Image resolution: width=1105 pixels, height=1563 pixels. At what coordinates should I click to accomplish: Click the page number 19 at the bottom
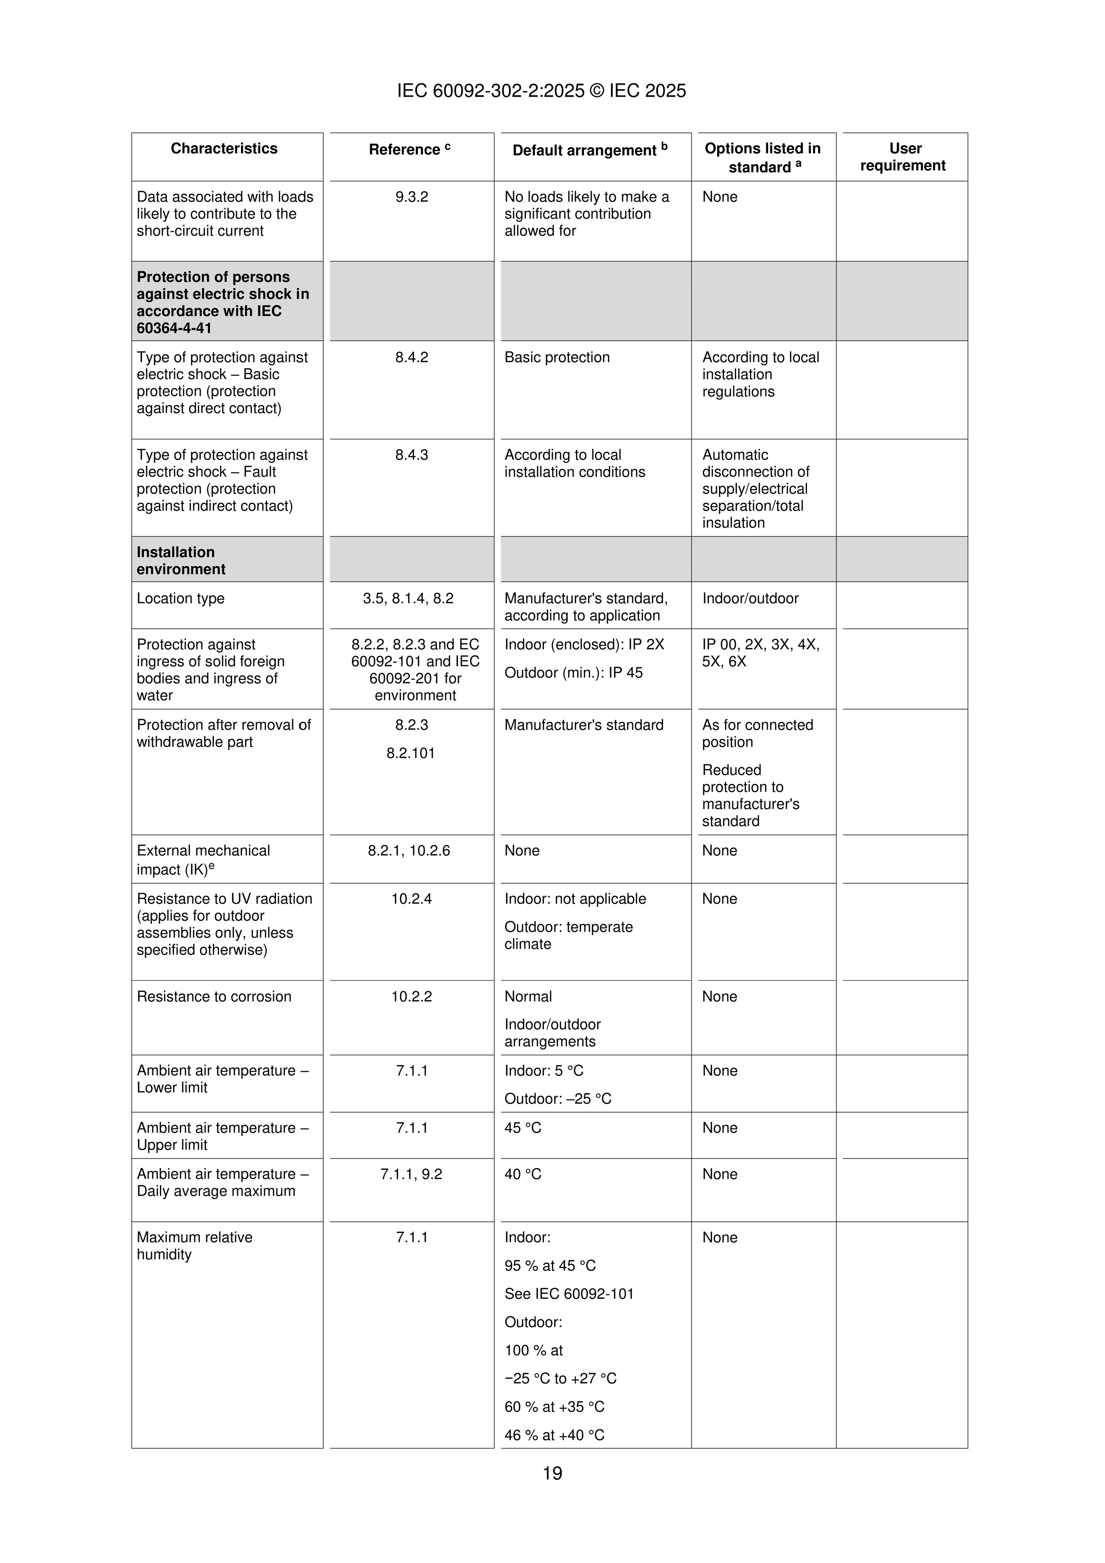tap(552, 1473)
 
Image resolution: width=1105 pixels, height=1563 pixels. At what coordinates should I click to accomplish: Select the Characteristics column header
tap(224, 148)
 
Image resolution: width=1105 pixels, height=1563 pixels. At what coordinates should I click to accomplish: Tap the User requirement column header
tap(903, 157)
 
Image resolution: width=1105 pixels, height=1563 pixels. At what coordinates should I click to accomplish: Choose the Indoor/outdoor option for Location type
tap(750, 598)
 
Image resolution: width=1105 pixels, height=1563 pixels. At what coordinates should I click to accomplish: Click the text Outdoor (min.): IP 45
tap(573, 673)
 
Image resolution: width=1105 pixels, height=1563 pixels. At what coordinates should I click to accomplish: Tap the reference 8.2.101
tap(411, 753)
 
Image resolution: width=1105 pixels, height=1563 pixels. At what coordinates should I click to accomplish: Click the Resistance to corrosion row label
tap(214, 996)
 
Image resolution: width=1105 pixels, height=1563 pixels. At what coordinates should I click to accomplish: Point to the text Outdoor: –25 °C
tap(558, 1099)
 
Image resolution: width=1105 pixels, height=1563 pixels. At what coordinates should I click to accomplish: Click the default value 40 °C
tap(523, 1174)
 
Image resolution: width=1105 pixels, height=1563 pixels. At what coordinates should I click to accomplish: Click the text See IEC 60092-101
tap(568, 1294)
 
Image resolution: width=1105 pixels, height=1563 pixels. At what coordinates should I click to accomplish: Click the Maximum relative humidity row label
tap(195, 1246)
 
